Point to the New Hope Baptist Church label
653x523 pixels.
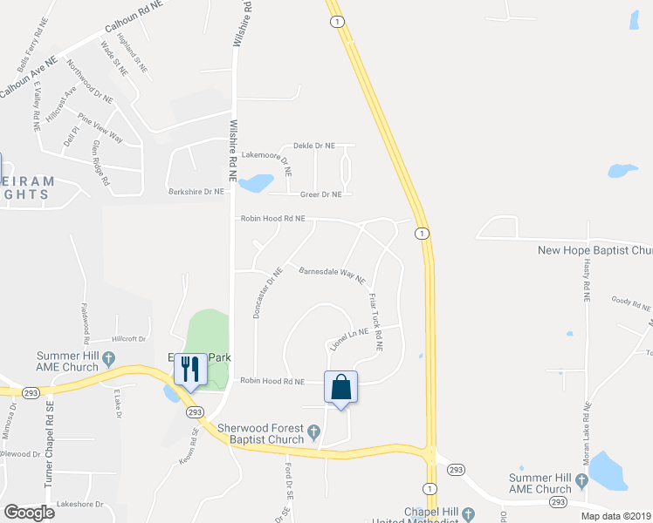[595, 251]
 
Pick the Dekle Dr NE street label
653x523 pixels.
[314, 146]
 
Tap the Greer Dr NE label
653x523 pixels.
[320, 195]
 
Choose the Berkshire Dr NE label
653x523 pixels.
[196, 191]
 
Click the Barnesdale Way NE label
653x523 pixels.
[332, 276]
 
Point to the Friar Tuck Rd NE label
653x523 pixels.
[375, 321]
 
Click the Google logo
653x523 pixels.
[29, 513]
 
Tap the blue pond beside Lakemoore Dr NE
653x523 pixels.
[255, 183]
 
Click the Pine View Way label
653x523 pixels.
[100, 128]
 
